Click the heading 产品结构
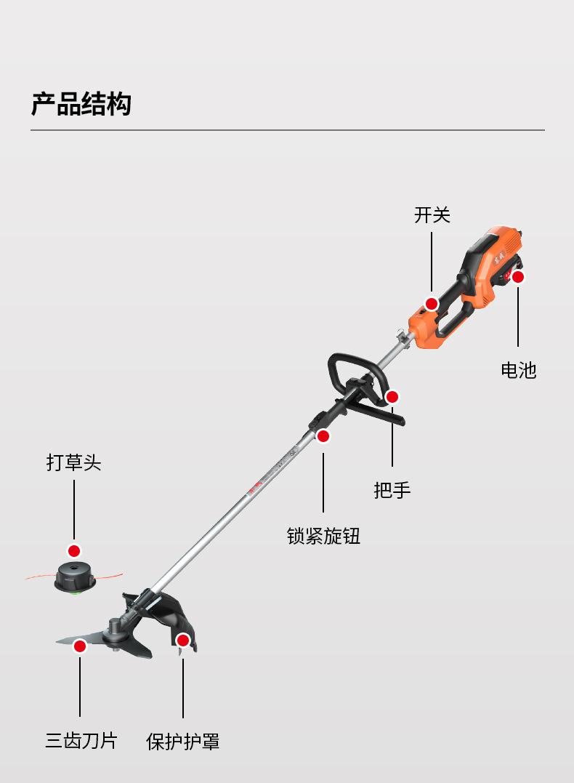click(x=81, y=104)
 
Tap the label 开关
click(x=432, y=215)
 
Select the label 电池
click(x=518, y=370)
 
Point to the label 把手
click(x=392, y=490)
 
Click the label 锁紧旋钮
click(x=323, y=537)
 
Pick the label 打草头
click(x=73, y=462)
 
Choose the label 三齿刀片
click(x=81, y=741)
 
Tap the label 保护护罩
click(x=183, y=741)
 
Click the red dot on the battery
click(x=518, y=277)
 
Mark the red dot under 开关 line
click(x=432, y=304)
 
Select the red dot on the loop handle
click(x=392, y=397)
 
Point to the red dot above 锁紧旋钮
click(x=323, y=436)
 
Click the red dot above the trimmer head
click(x=73, y=551)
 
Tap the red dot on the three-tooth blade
click(x=80, y=646)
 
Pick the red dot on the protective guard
click(x=183, y=641)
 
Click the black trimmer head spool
click(x=73, y=578)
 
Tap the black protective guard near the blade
click(x=171, y=618)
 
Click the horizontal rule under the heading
click(x=287, y=130)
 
